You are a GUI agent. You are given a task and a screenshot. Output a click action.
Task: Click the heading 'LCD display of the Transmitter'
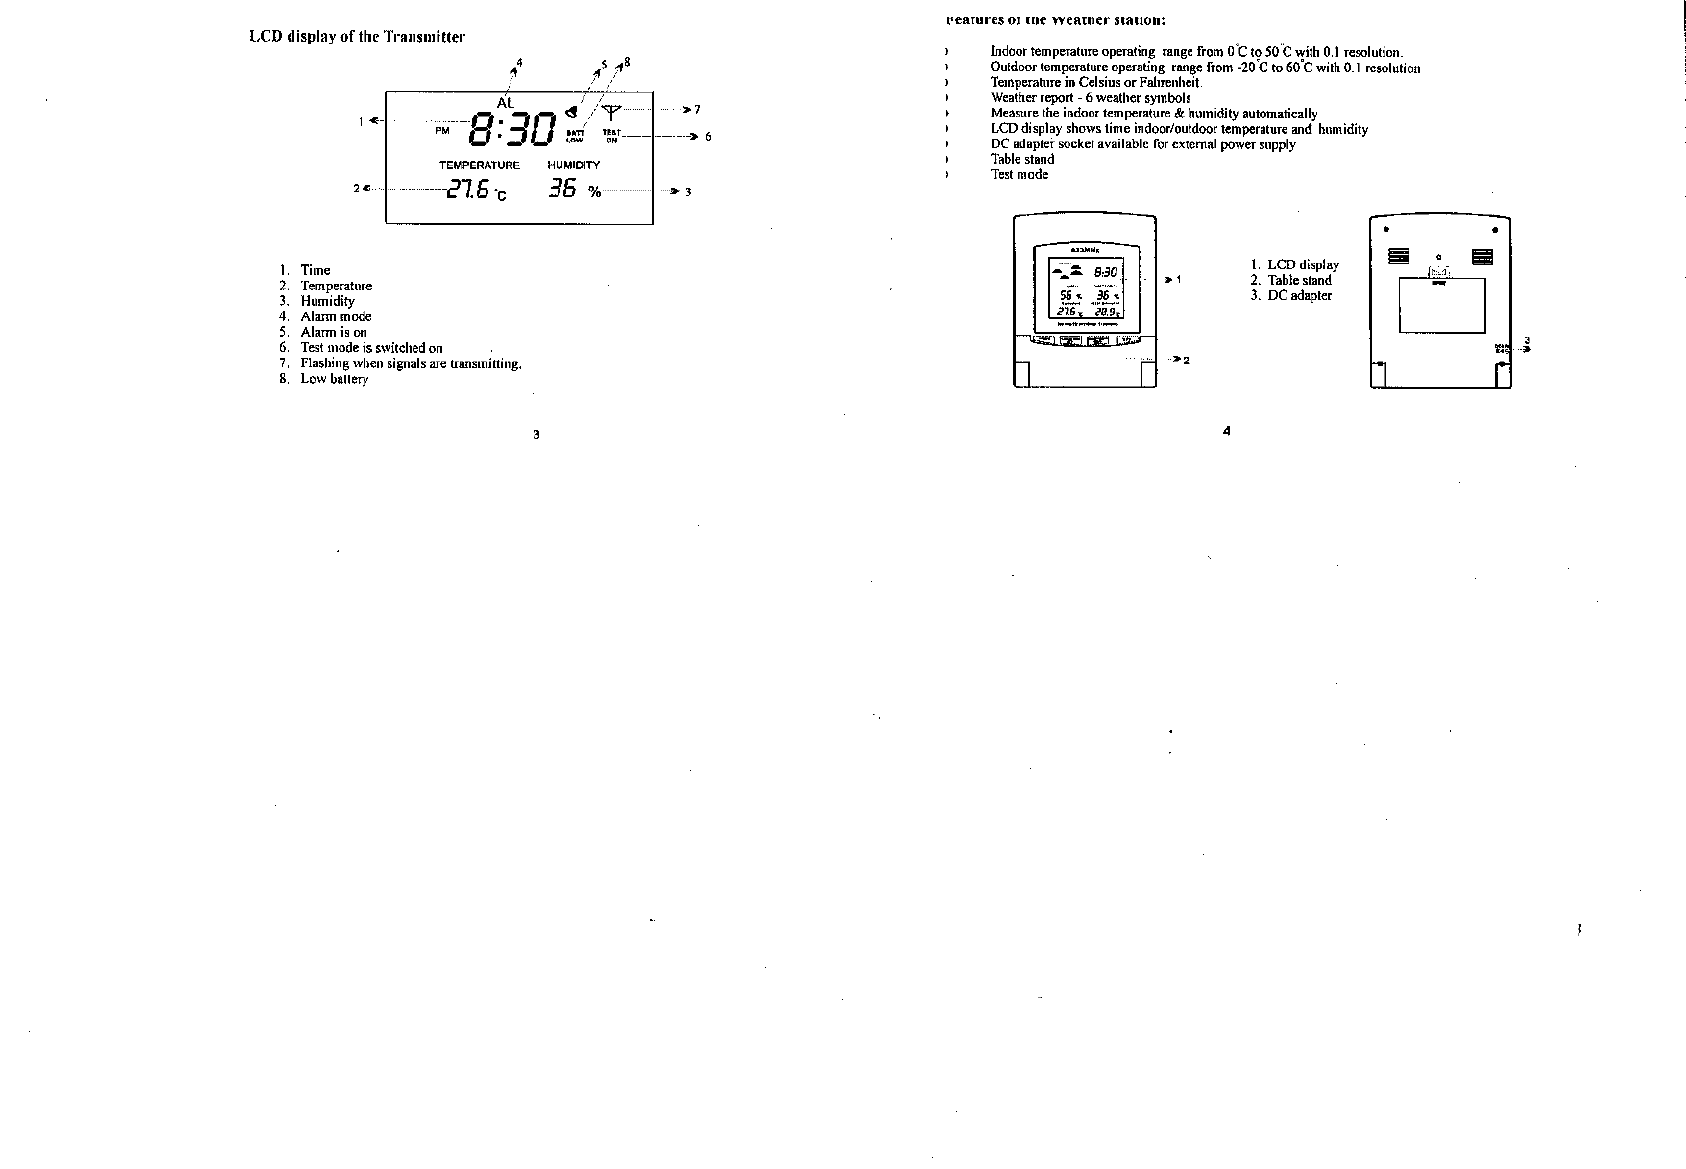pyautogui.click(x=357, y=37)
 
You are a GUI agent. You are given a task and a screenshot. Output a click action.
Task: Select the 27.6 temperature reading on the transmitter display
pyautogui.click(x=469, y=189)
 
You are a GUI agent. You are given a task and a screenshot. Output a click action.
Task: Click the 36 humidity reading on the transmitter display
pyautogui.click(x=563, y=188)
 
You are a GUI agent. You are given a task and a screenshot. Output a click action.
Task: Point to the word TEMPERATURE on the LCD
pyautogui.click(x=479, y=165)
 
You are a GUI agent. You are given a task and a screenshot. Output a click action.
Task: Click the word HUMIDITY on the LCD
pyautogui.click(x=573, y=165)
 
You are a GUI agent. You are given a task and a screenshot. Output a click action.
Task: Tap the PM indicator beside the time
pyautogui.click(x=442, y=130)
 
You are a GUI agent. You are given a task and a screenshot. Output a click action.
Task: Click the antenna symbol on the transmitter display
pyautogui.click(x=612, y=111)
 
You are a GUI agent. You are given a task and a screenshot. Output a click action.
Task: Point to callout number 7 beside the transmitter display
pyautogui.click(x=698, y=109)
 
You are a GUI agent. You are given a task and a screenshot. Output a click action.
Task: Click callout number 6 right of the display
pyautogui.click(x=708, y=137)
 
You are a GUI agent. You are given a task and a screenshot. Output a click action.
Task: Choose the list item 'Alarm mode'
pyautogui.click(x=335, y=316)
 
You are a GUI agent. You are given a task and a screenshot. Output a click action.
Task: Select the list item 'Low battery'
pyautogui.click(x=334, y=379)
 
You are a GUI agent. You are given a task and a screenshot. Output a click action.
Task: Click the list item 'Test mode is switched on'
pyautogui.click(x=371, y=348)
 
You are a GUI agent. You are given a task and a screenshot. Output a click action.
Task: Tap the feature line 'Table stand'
pyautogui.click(x=1022, y=159)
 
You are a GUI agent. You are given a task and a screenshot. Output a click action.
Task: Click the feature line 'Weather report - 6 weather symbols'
pyautogui.click(x=1090, y=98)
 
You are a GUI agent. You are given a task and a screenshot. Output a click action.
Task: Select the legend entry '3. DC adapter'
pyautogui.click(x=1291, y=296)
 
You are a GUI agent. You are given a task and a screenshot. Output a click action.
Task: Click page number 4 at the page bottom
pyautogui.click(x=1226, y=431)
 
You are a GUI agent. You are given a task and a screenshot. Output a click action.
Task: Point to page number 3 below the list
pyautogui.click(x=536, y=435)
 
